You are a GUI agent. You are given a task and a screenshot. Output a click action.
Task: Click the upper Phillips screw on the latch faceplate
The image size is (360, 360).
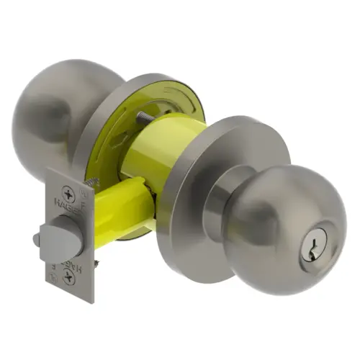68,193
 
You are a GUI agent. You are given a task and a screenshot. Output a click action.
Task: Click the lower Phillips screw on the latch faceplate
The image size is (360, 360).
68,276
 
